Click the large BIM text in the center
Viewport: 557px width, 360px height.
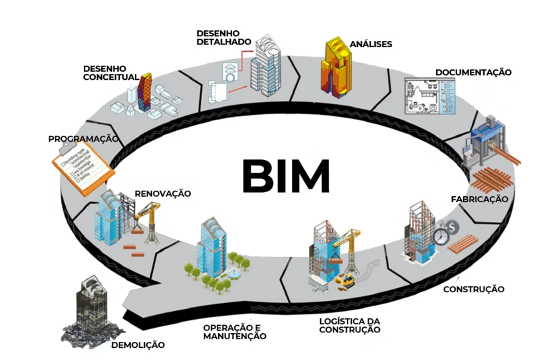click(285, 176)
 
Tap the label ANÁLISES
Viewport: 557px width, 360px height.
click(370, 44)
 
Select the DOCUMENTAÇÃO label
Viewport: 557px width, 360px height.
click(473, 72)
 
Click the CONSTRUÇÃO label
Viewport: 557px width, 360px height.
click(474, 289)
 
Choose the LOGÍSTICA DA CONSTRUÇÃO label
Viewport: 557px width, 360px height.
click(350, 325)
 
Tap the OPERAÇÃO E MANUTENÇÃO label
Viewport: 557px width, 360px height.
click(235, 332)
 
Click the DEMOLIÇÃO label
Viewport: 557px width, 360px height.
click(138, 345)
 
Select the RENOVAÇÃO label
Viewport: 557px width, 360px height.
click(162, 193)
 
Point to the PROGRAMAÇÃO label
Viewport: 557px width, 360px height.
click(83, 139)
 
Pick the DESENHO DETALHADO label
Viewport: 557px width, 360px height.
click(223, 37)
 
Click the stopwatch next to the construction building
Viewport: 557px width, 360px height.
click(440, 236)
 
